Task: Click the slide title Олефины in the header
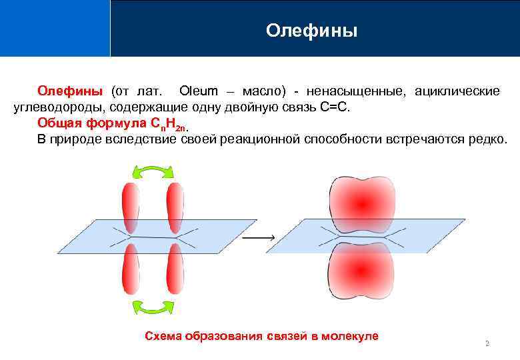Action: click(311, 31)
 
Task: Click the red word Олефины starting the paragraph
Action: click(70, 91)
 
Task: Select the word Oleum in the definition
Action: click(198, 91)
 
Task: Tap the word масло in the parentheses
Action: click(263, 91)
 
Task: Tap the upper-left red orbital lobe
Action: click(130, 205)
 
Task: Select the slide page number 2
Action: click(487, 343)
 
